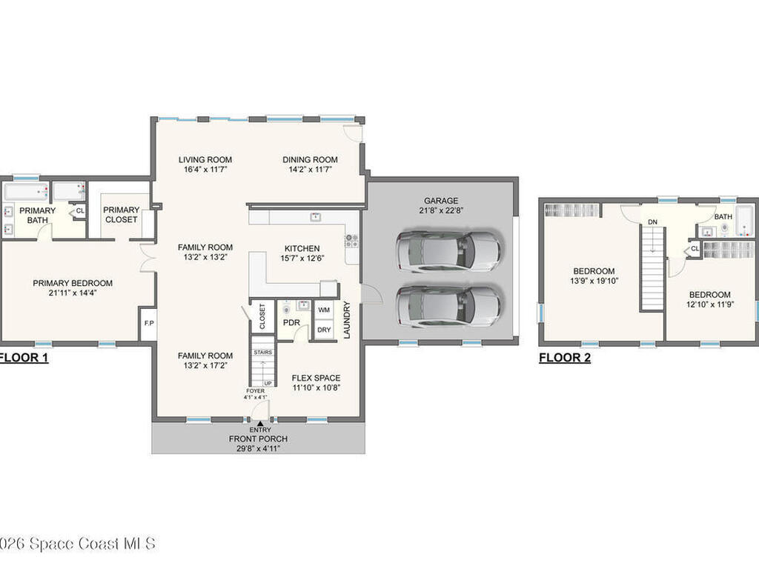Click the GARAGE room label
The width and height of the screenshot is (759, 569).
(440, 200)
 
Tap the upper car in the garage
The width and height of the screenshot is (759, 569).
(448, 250)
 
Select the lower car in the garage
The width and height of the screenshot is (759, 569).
(448, 306)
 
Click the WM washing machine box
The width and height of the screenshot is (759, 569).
(324, 310)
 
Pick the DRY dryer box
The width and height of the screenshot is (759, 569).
(324, 330)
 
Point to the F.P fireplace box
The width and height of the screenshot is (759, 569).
(148, 323)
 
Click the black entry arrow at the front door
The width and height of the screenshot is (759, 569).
(260, 423)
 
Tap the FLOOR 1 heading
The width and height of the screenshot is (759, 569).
(23, 358)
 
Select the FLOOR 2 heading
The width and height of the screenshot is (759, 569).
(565, 358)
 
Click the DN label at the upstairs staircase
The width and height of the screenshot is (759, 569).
(652, 222)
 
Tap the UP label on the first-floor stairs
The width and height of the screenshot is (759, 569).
(268, 383)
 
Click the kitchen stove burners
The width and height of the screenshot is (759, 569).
(351, 241)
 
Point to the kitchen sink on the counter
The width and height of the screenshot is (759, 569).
(316, 217)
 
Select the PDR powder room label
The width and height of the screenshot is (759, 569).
(291, 322)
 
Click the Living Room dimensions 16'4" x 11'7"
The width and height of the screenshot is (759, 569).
(205, 170)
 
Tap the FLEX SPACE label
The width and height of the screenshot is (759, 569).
(316, 378)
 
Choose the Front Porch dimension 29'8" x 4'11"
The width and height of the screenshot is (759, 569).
(258, 448)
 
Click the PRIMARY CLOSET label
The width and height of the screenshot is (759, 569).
(121, 214)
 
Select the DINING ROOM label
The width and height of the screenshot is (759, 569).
(310, 160)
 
